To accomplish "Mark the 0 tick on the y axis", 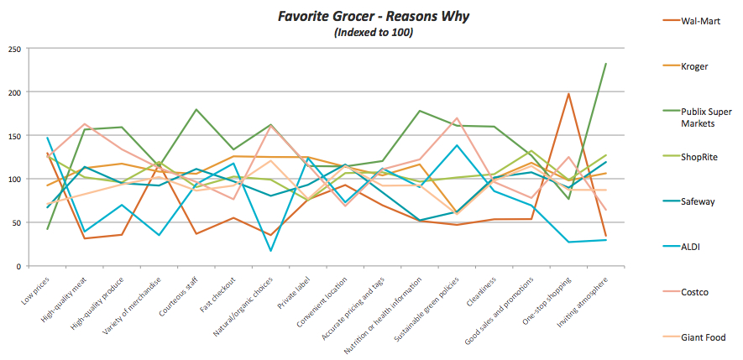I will click(17, 266).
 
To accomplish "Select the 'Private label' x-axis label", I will click(296, 290).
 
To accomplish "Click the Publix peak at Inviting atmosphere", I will click(605, 64).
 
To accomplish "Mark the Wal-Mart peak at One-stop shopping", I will click(568, 94).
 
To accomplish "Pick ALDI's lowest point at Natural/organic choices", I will click(271, 251).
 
